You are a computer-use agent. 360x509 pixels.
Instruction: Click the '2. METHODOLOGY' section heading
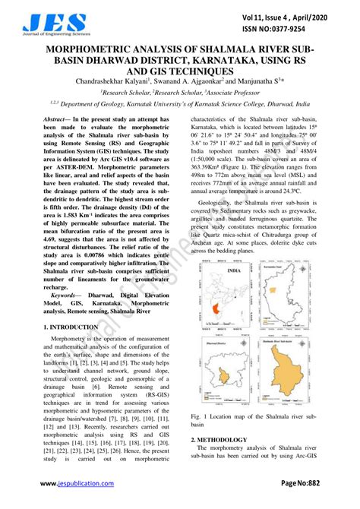click(x=221, y=439)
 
